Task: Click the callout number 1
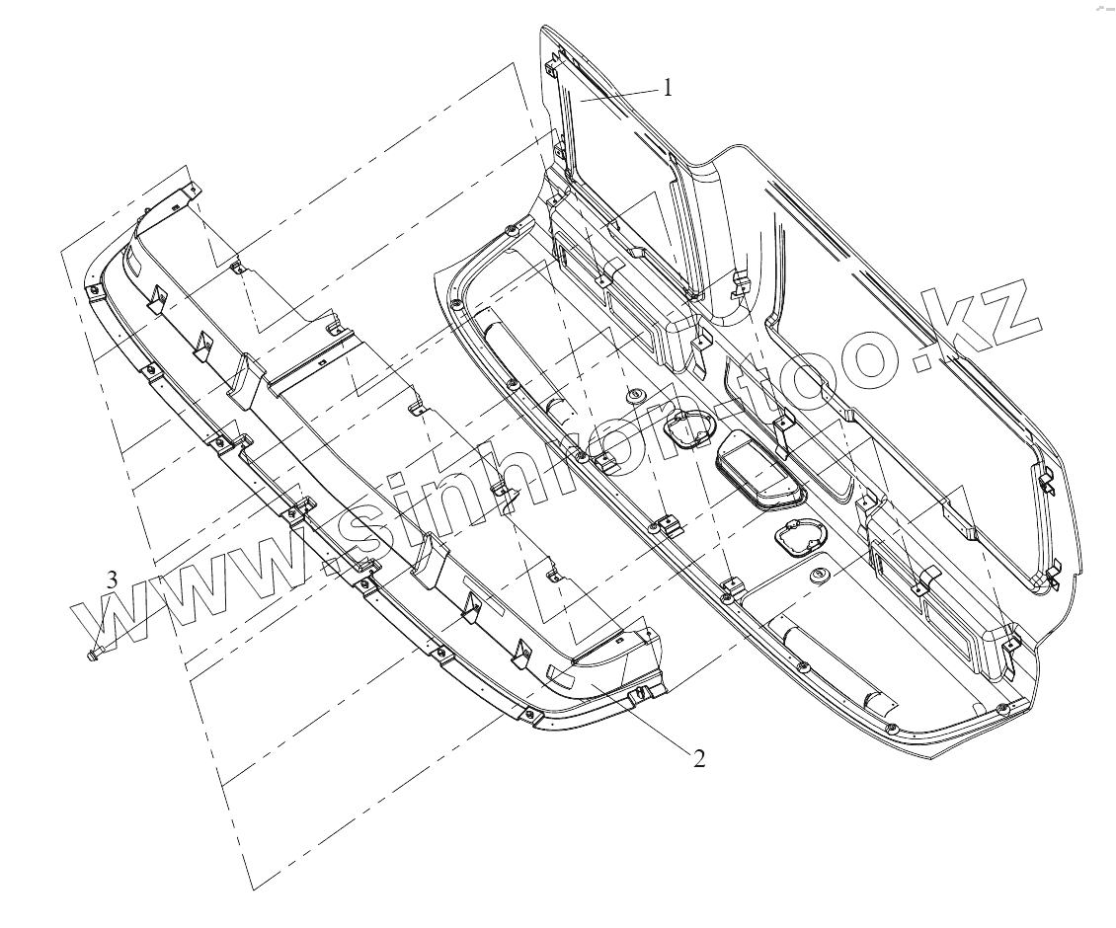pos(668,87)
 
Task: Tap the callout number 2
pos(699,758)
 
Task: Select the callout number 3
pos(113,580)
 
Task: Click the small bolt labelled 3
pos(94,653)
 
